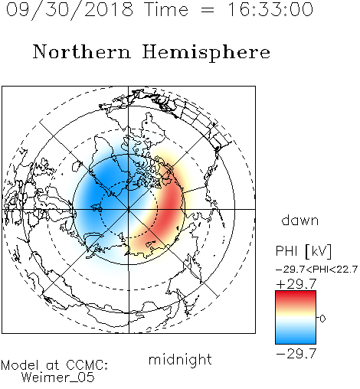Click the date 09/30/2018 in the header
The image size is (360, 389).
coord(70,9)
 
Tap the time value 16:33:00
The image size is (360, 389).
coord(270,9)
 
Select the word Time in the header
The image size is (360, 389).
coord(166,9)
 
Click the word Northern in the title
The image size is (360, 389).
coord(82,51)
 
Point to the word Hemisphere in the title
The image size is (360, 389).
coord(206,53)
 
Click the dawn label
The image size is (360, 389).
coord(299,220)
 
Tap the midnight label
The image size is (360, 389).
coord(180,359)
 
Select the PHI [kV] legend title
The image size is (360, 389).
coord(303,251)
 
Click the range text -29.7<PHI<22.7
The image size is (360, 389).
coord(316,270)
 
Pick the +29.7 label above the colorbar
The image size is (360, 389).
coord(296,284)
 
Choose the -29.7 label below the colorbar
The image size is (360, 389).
coord(296,354)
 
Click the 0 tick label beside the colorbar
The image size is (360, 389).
coord(322,319)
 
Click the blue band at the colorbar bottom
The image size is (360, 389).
coord(296,338)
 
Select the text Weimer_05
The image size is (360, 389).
coord(58,378)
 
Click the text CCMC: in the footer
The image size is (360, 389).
coord(87,365)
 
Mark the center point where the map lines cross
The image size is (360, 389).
coord(129,209)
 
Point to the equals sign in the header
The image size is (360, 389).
coord(208,10)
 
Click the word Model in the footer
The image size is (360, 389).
coord(20,365)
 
